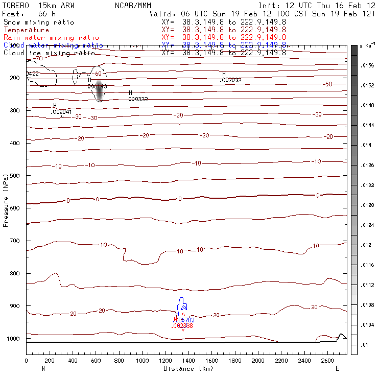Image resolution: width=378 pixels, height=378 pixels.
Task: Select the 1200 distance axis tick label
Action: point(165,361)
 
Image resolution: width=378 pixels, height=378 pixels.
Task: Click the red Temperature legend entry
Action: point(27,30)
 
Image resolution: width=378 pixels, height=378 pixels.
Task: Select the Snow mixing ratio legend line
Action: point(39,22)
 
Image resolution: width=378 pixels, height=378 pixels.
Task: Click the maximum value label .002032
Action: point(230,81)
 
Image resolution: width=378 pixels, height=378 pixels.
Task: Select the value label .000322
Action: point(137,99)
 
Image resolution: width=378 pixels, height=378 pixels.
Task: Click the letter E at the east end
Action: point(337,368)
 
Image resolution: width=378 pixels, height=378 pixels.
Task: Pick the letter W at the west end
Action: point(42,368)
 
